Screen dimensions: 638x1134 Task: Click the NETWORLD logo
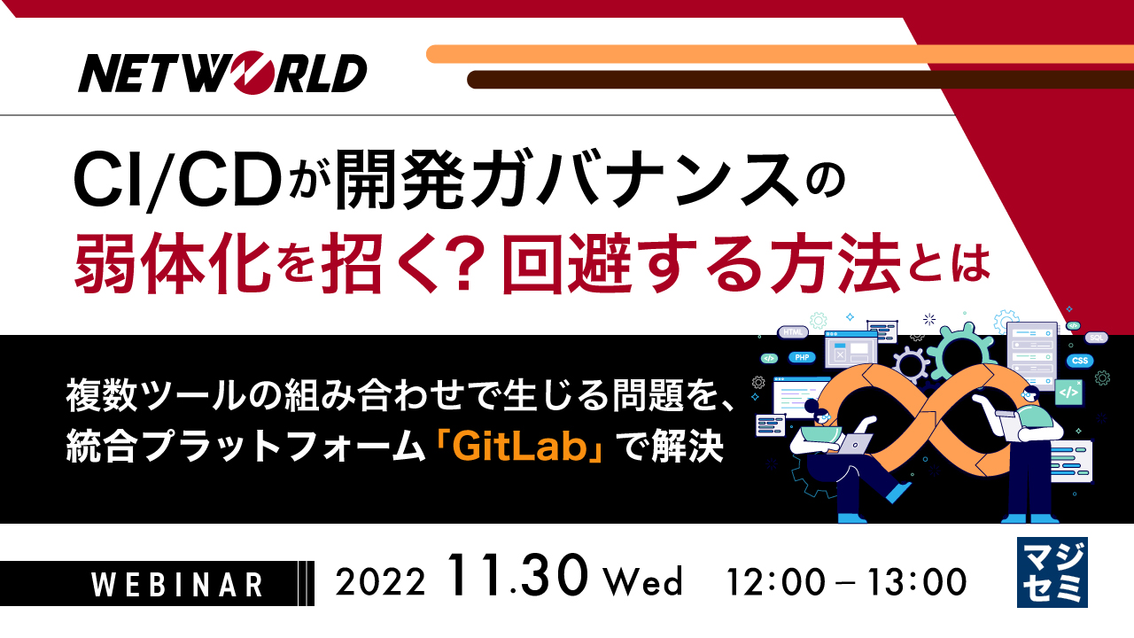pos(222,74)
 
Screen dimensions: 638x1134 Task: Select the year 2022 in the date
pos(382,583)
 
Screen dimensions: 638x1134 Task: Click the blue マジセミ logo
pos(1052,572)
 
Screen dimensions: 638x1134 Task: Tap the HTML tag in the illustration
pos(792,332)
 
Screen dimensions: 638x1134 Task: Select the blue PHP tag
pos(802,357)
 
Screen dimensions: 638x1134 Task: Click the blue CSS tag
pos(1079,361)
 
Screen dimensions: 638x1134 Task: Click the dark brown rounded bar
pos(797,80)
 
